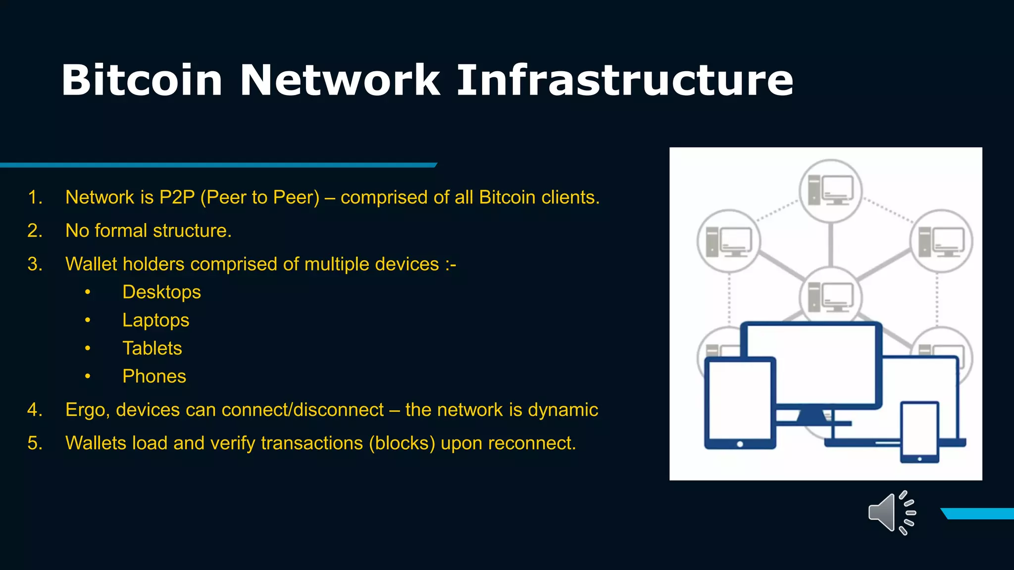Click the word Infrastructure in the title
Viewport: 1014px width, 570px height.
[625, 80]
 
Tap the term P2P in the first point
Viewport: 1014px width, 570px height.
[177, 197]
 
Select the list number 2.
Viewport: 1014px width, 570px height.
[34, 231]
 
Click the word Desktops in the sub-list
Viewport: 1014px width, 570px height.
[161, 292]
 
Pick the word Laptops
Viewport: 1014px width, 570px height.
[155, 320]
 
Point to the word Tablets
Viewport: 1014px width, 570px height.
[152, 348]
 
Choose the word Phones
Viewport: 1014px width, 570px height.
[154, 377]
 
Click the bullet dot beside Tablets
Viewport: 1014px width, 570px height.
[88, 348]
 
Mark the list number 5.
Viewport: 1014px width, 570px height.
[34, 443]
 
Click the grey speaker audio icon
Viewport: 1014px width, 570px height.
[891, 513]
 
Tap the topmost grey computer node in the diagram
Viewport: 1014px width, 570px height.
[830, 190]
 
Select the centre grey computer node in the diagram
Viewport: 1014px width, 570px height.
[830, 297]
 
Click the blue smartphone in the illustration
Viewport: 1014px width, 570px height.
[919, 432]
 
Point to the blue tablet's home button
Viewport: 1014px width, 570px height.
[740, 444]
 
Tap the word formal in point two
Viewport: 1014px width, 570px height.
[121, 231]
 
